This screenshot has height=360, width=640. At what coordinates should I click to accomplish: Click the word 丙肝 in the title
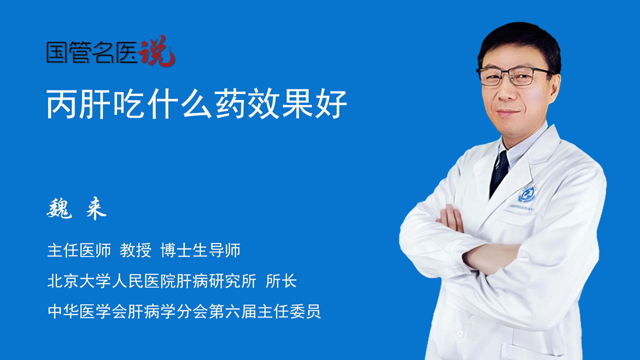[79, 104]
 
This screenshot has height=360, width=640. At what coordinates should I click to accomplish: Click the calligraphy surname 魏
[59, 209]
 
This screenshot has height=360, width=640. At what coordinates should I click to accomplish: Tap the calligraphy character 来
[96, 209]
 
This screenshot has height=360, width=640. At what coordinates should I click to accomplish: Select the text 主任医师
[79, 250]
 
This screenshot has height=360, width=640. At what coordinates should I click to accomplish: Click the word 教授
[136, 250]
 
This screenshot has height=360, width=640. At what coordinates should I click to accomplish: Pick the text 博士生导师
[200, 250]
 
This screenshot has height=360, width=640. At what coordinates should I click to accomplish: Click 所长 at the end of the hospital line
[281, 281]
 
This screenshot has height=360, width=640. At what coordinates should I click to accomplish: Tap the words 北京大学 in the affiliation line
[79, 281]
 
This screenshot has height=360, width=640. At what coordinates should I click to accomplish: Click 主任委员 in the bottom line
[289, 312]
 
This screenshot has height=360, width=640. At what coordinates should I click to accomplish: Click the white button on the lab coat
[460, 333]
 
